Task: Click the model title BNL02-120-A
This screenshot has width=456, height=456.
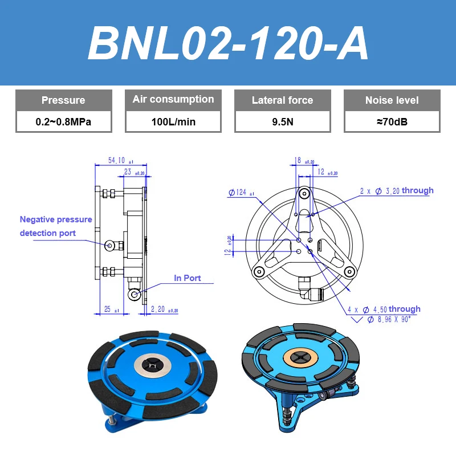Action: [228, 44]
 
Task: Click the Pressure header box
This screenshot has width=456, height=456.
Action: [63, 100]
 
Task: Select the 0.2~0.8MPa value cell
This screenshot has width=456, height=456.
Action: [63, 121]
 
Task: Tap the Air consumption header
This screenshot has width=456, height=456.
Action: [173, 100]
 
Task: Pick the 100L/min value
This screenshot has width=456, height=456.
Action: [173, 121]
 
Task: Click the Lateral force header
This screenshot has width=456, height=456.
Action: [282, 100]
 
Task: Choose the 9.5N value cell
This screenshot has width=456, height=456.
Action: [282, 121]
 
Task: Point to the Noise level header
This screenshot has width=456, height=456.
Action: [392, 100]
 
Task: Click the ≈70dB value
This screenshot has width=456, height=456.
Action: [392, 121]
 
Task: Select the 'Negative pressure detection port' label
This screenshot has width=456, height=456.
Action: [55, 226]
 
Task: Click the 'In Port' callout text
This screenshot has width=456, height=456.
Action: [187, 278]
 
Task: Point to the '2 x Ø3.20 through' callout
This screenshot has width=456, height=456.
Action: [396, 191]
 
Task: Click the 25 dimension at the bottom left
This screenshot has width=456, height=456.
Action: [110, 310]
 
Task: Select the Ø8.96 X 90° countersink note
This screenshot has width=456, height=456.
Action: [388, 319]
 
